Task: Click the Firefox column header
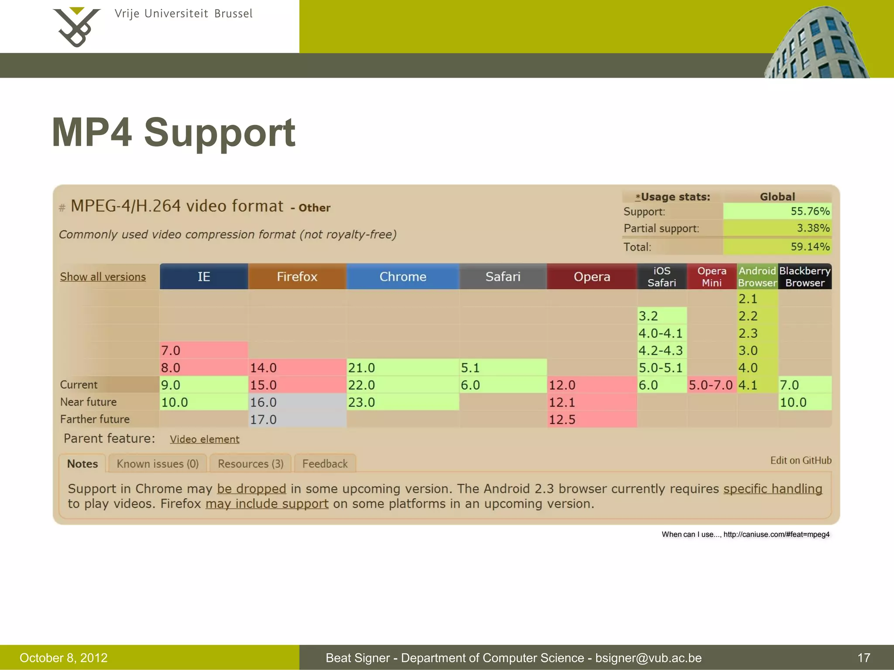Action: pos(297,277)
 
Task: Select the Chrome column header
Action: pos(402,277)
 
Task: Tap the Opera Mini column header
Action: pos(712,277)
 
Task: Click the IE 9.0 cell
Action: pos(203,385)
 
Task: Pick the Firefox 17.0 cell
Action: pos(297,419)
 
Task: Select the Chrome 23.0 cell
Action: pos(402,402)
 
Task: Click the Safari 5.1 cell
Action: pos(502,368)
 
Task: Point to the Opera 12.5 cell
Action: pos(591,419)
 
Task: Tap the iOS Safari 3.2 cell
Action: pos(661,316)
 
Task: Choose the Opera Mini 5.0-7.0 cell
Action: pos(711,385)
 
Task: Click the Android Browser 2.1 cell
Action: pos(757,299)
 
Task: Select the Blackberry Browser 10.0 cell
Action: pos(805,402)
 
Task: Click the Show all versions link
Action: pos(103,277)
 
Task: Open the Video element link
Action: pos(204,439)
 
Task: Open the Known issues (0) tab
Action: pos(158,464)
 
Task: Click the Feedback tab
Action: pos(325,464)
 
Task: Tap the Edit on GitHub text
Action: pos(801,460)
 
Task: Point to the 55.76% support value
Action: pos(810,211)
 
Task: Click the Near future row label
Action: pos(89,402)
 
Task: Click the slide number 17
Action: pos(863,658)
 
